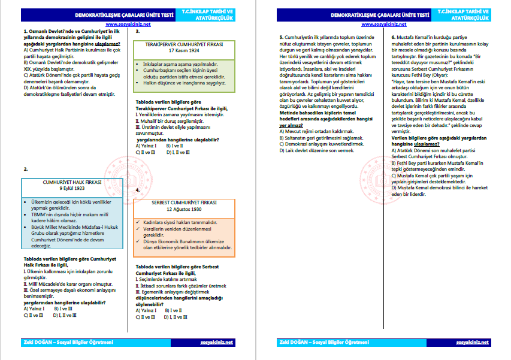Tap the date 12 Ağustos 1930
point(183,210)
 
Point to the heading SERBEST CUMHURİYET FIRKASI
point(183,203)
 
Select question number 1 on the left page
point(22,31)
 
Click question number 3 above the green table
point(138,31)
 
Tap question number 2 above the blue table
point(25,170)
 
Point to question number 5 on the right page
point(282,37)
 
